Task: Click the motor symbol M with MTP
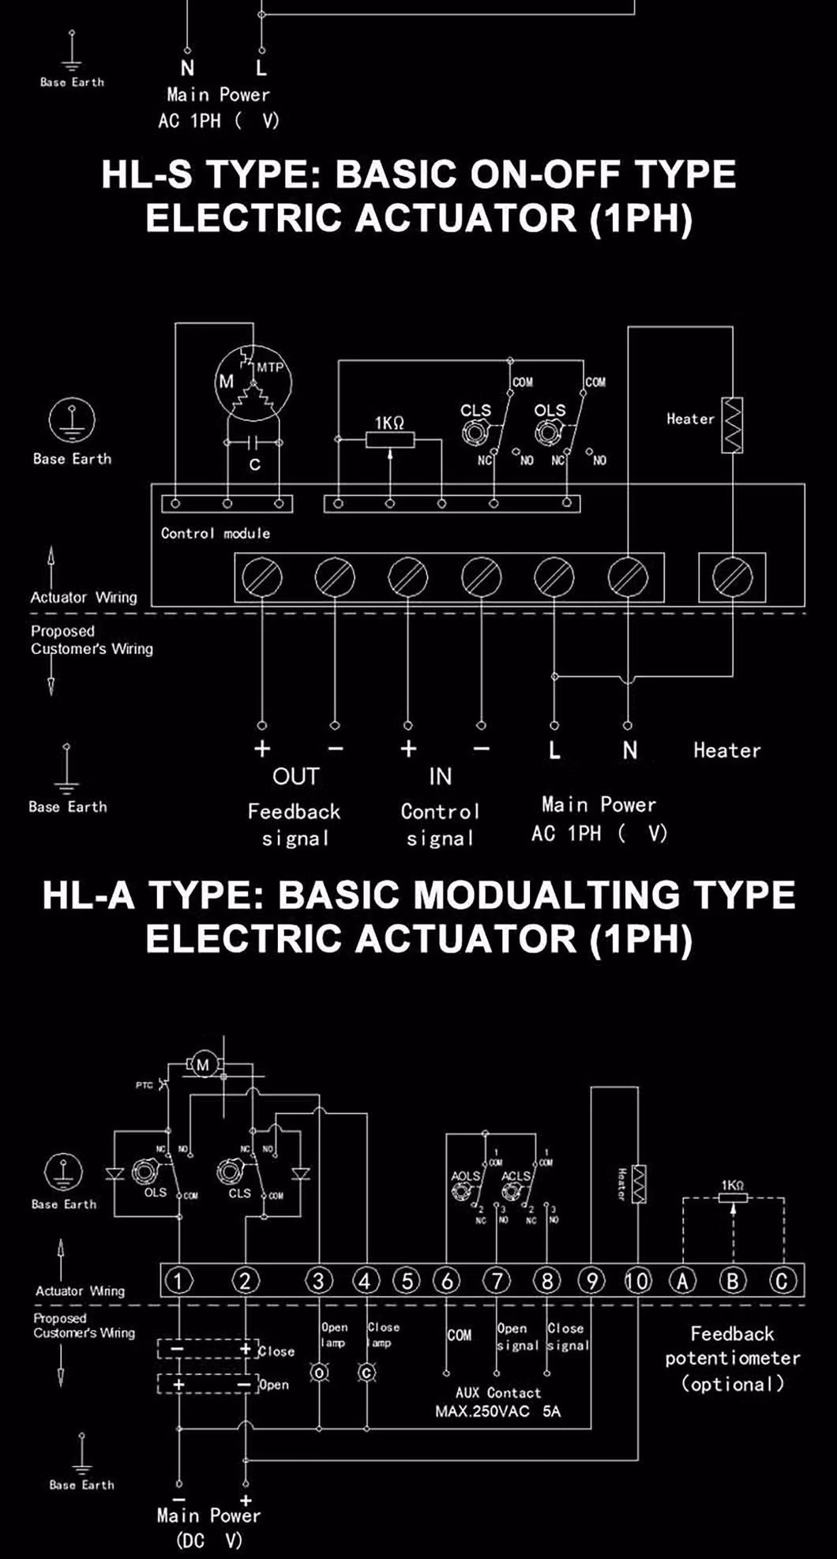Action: point(253,384)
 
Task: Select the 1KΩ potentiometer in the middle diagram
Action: point(389,439)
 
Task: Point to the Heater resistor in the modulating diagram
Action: point(638,1185)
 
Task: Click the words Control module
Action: point(215,533)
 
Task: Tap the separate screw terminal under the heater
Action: point(732,577)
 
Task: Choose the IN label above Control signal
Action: point(440,777)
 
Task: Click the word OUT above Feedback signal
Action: point(295,777)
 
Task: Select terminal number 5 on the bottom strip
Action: point(406,1280)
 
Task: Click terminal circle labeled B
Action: point(732,1280)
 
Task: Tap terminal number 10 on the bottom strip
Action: point(637,1280)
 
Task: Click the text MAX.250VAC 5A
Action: point(497,1411)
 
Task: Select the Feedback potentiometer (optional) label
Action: point(732,1358)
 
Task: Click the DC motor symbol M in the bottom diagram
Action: point(203,1065)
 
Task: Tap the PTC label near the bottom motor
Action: point(144,1085)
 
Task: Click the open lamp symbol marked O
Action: point(319,1373)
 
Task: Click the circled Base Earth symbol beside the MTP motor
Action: point(72,420)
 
